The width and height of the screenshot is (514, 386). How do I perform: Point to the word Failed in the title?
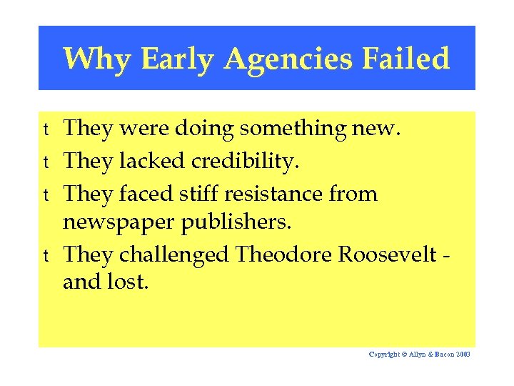click(405, 59)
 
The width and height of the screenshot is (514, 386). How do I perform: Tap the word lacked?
click(151, 162)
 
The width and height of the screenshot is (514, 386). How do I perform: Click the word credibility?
click(245, 162)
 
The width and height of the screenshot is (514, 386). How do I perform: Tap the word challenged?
click(175, 254)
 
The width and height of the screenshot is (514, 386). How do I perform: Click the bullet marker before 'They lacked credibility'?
click(45, 162)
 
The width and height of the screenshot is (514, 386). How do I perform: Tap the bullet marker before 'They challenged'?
click(45, 255)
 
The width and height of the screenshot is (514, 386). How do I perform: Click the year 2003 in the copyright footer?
click(462, 355)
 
